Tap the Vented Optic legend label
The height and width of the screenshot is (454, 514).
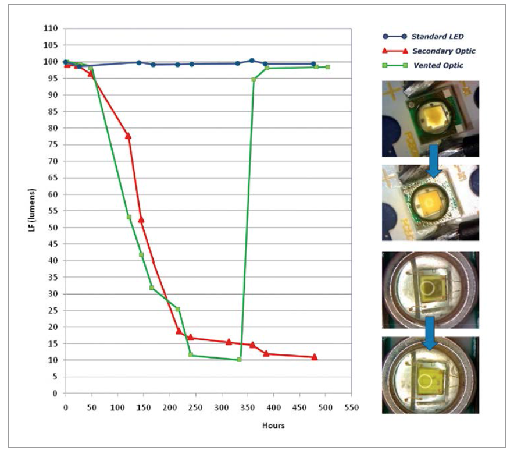[x=438, y=66]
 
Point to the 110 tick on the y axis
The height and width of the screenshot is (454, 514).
[x=52, y=29]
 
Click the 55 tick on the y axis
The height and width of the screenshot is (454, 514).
[x=53, y=211]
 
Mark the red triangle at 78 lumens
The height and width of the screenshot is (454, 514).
[x=128, y=136]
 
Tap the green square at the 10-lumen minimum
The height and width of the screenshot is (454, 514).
[x=239, y=360]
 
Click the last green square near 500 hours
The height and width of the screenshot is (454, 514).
[x=327, y=67]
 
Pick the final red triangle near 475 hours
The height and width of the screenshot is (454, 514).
[x=315, y=357]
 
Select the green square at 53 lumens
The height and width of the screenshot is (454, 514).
[x=128, y=217]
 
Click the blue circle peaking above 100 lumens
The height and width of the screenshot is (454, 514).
[x=252, y=61]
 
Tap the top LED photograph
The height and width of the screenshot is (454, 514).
[x=430, y=119]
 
